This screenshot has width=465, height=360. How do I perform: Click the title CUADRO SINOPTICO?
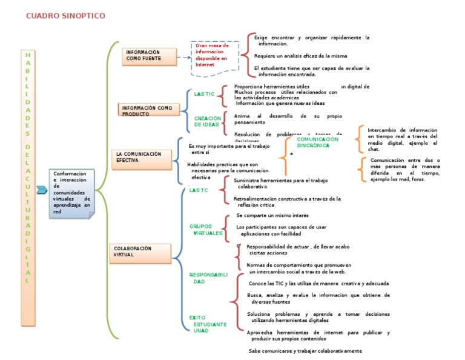(x=65, y=15)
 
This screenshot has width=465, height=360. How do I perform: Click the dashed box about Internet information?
(x=215, y=58)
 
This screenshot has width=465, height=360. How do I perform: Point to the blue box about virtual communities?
(x=72, y=193)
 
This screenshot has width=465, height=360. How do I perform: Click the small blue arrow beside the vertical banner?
(x=41, y=190)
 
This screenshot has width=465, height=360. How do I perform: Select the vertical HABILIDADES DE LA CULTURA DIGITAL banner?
(x=27, y=168)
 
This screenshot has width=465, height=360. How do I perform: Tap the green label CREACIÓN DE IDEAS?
(x=207, y=121)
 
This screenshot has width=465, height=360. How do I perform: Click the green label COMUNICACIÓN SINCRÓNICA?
(x=317, y=142)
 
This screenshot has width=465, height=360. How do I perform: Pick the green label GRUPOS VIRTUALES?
(x=206, y=230)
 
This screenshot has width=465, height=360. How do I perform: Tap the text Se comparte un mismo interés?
(x=272, y=215)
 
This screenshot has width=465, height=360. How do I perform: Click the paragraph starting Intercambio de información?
(x=403, y=139)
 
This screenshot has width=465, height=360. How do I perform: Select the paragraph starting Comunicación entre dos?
(x=405, y=170)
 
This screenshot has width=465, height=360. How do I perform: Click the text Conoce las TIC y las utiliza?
(x=318, y=283)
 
